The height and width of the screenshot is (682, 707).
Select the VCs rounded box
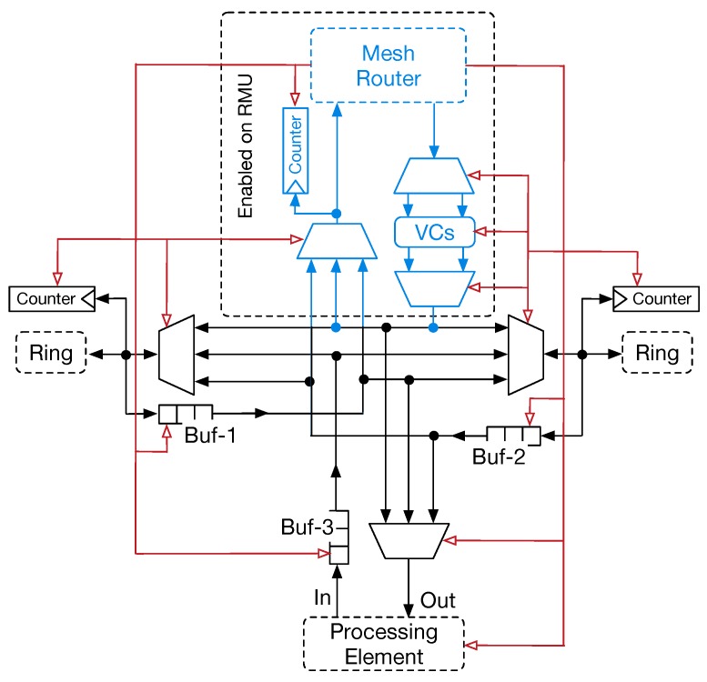click(433, 233)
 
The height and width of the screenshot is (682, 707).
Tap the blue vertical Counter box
click(296, 150)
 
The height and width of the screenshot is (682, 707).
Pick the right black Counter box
click(654, 298)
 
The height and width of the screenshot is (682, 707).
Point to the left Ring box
click(51, 353)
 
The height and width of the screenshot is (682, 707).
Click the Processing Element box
click(383, 644)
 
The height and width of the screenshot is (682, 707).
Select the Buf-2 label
click(499, 456)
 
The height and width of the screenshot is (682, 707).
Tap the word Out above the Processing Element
click(438, 600)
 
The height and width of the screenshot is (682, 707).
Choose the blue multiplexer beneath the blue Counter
click(338, 240)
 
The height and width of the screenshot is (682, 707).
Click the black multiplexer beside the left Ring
click(176, 354)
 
